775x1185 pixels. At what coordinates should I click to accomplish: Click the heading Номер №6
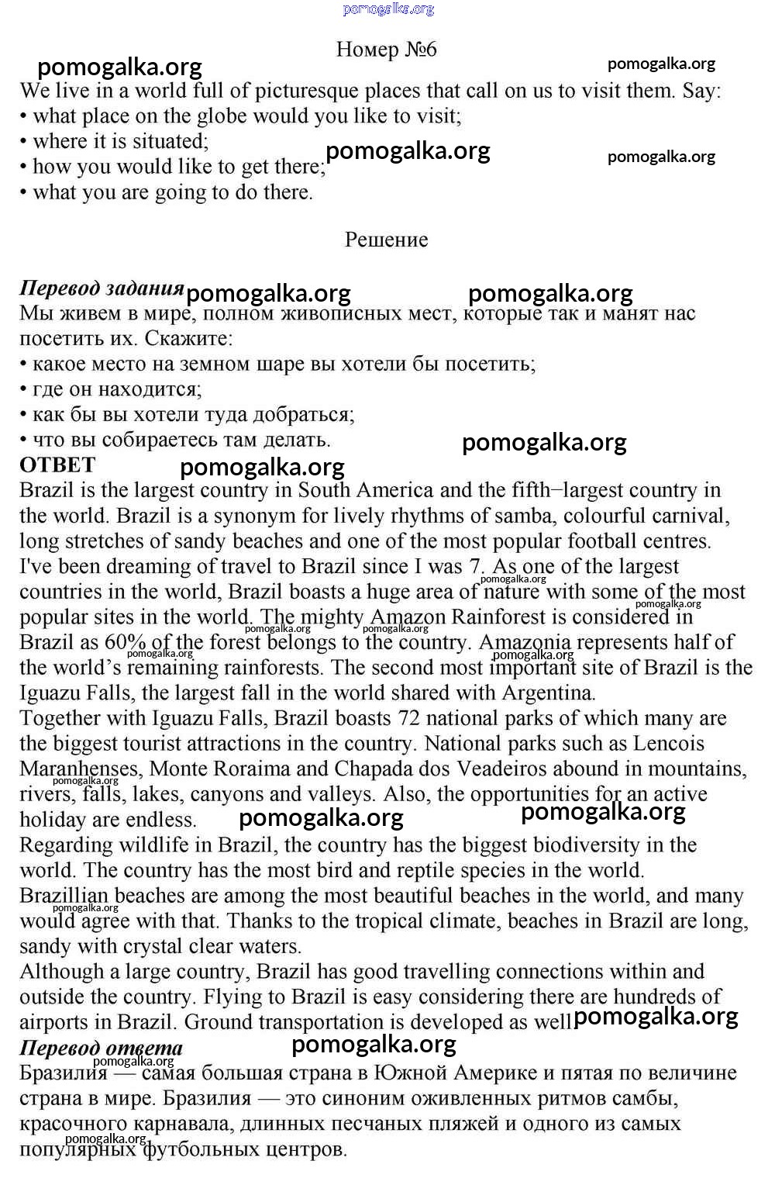[386, 50]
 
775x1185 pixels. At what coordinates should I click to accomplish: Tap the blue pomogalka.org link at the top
[388, 9]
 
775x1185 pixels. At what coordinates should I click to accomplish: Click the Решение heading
[386, 240]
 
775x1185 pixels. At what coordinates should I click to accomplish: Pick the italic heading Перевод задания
[102, 288]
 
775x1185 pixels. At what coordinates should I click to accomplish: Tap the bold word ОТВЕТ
[57, 465]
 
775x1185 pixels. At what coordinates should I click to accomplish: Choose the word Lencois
[669, 744]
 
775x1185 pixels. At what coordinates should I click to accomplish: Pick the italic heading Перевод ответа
[101, 1049]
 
